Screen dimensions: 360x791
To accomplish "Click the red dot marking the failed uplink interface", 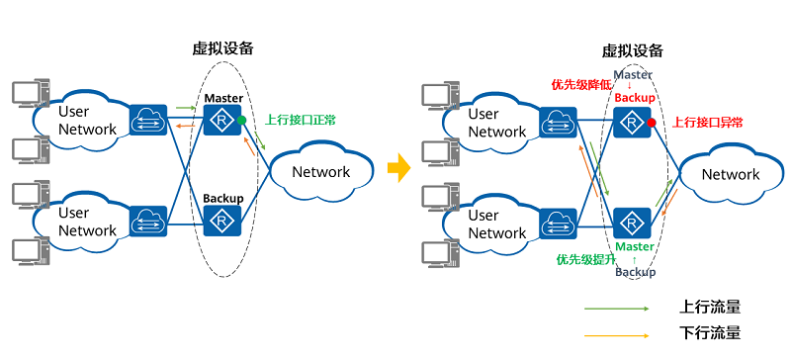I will click(x=652, y=123).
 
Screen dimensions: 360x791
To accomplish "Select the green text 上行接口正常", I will click(x=300, y=120).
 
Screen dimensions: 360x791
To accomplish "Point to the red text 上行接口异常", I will click(x=708, y=123).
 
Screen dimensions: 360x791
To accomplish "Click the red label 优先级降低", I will click(x=580, y=85).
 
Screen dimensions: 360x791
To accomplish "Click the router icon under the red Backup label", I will click(x=629, y=123).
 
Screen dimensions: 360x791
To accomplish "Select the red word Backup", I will click(x=634, y=97).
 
